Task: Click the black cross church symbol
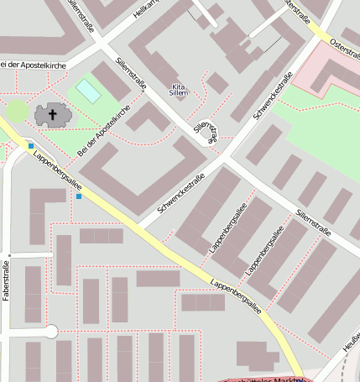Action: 54,114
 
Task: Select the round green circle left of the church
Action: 17,111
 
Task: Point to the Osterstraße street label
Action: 345,43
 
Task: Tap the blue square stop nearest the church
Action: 31,147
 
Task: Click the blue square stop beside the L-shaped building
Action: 80,196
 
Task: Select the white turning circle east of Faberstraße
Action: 50,332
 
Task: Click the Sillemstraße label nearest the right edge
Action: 314,222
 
